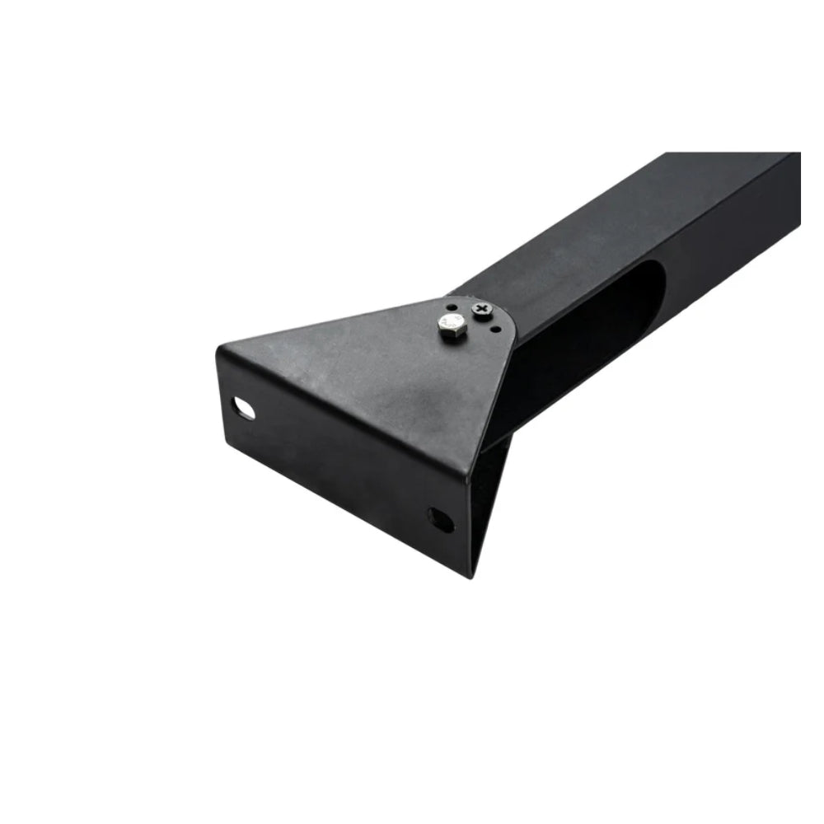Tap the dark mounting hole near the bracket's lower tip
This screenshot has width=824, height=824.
click(439, 520)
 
